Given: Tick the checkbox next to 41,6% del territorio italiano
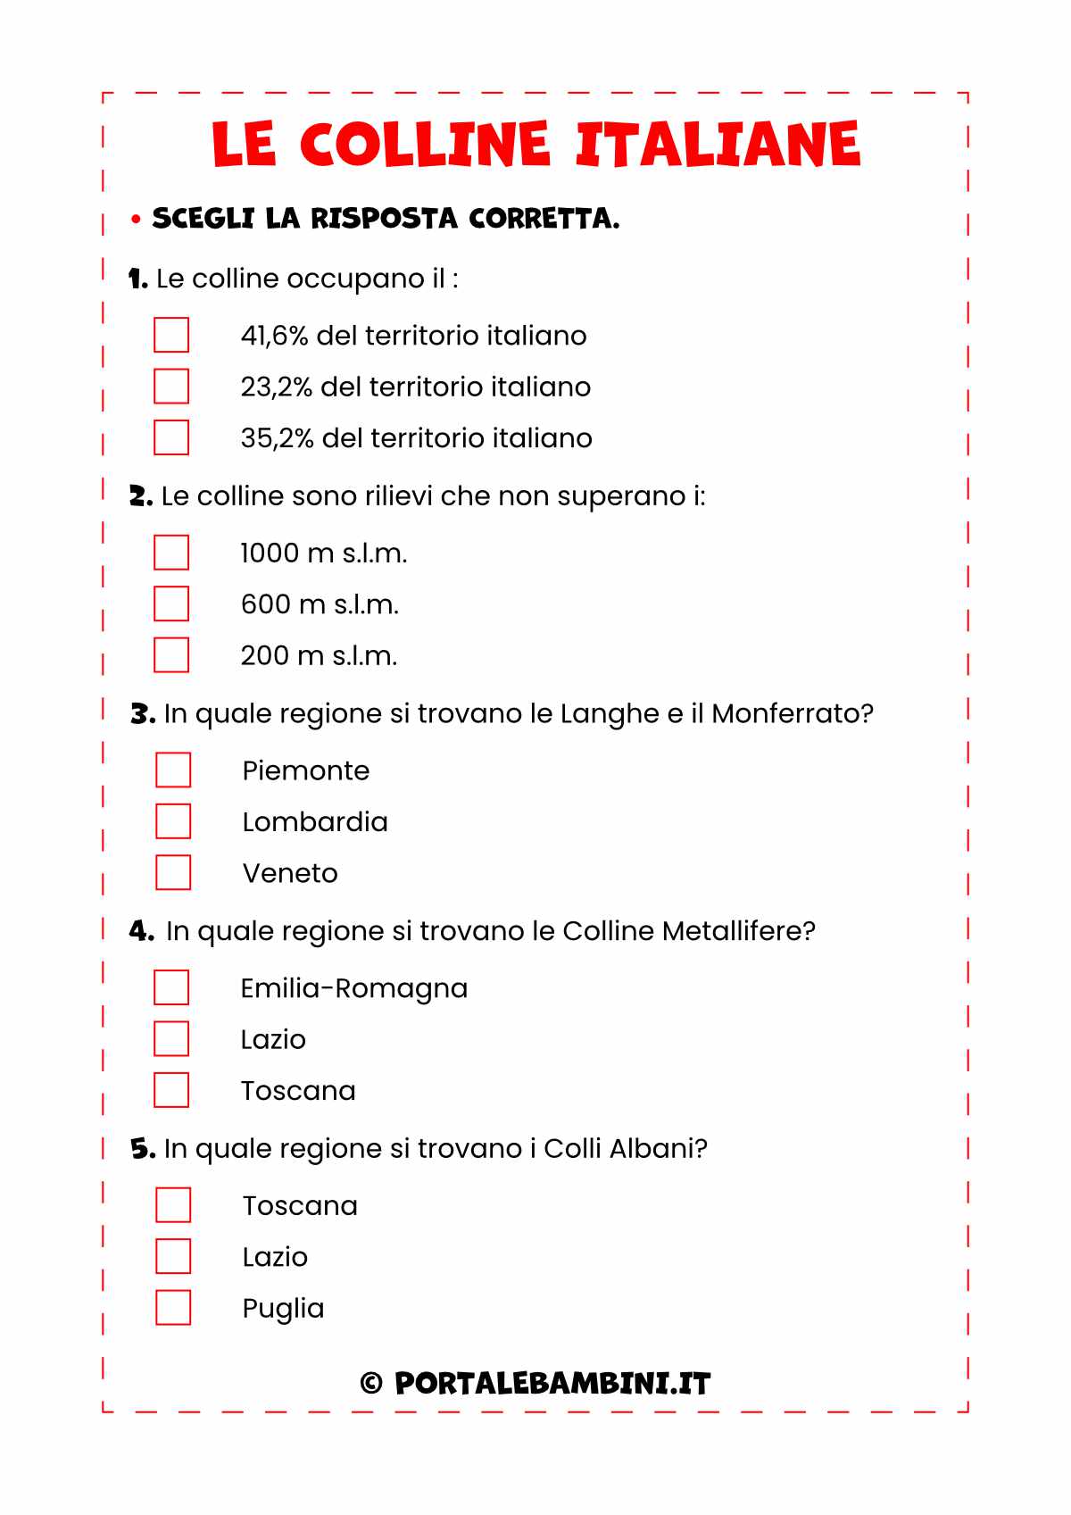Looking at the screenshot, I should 171,335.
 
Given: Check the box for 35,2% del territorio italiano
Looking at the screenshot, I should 171,437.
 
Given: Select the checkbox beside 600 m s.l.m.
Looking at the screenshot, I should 171,604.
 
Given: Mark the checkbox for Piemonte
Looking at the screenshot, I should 173,770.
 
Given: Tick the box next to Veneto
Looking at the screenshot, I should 173,872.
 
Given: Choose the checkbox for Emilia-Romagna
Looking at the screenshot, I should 171,987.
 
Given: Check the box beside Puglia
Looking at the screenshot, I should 173,1307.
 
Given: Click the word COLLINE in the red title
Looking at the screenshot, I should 424,144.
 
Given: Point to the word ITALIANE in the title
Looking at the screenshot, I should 718,144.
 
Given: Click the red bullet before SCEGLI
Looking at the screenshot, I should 136,219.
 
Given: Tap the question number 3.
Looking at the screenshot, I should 142,714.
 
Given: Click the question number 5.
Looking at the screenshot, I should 142,1149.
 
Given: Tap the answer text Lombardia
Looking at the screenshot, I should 315,821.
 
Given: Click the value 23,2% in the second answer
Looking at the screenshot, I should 276,387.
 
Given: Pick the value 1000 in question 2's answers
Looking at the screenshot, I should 270,554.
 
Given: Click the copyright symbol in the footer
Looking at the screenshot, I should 371,1384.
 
